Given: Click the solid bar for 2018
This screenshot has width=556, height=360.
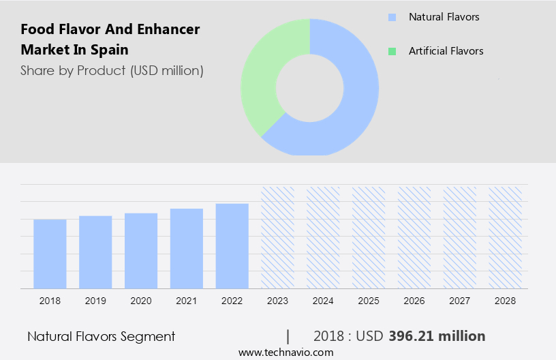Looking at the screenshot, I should (x=50, y=254).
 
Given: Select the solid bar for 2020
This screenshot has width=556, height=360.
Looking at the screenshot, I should (x=141, y=251).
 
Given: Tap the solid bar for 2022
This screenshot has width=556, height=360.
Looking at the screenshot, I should (x=232, y=245).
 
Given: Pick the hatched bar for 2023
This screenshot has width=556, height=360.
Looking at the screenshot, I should (x=278, y=237).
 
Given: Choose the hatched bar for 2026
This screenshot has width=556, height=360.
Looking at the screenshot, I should (x=414, y=237).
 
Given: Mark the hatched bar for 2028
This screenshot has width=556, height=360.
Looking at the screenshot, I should (x=506, y=237).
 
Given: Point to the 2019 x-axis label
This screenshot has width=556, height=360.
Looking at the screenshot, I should (x=95, y=301).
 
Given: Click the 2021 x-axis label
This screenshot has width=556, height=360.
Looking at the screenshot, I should (x=187, y=301).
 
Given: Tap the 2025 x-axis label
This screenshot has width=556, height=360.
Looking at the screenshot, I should (x=369, y=301).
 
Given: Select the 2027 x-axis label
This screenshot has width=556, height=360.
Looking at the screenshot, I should (x=460, y=301).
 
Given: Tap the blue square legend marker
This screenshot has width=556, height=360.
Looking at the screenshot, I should (x=392, y=17).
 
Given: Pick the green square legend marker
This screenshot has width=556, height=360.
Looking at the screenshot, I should (x=392, y=51).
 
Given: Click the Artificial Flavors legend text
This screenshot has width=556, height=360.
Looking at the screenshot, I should (x=446, y=51).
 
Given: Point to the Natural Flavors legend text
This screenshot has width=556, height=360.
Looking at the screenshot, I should (x=444, y=17).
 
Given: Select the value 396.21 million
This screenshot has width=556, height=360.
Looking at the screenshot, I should (x=437, y=336).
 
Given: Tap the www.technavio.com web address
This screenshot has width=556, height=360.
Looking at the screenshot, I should (x=286, y=352).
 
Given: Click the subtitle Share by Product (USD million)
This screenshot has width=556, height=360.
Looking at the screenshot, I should (x=112, y=70).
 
